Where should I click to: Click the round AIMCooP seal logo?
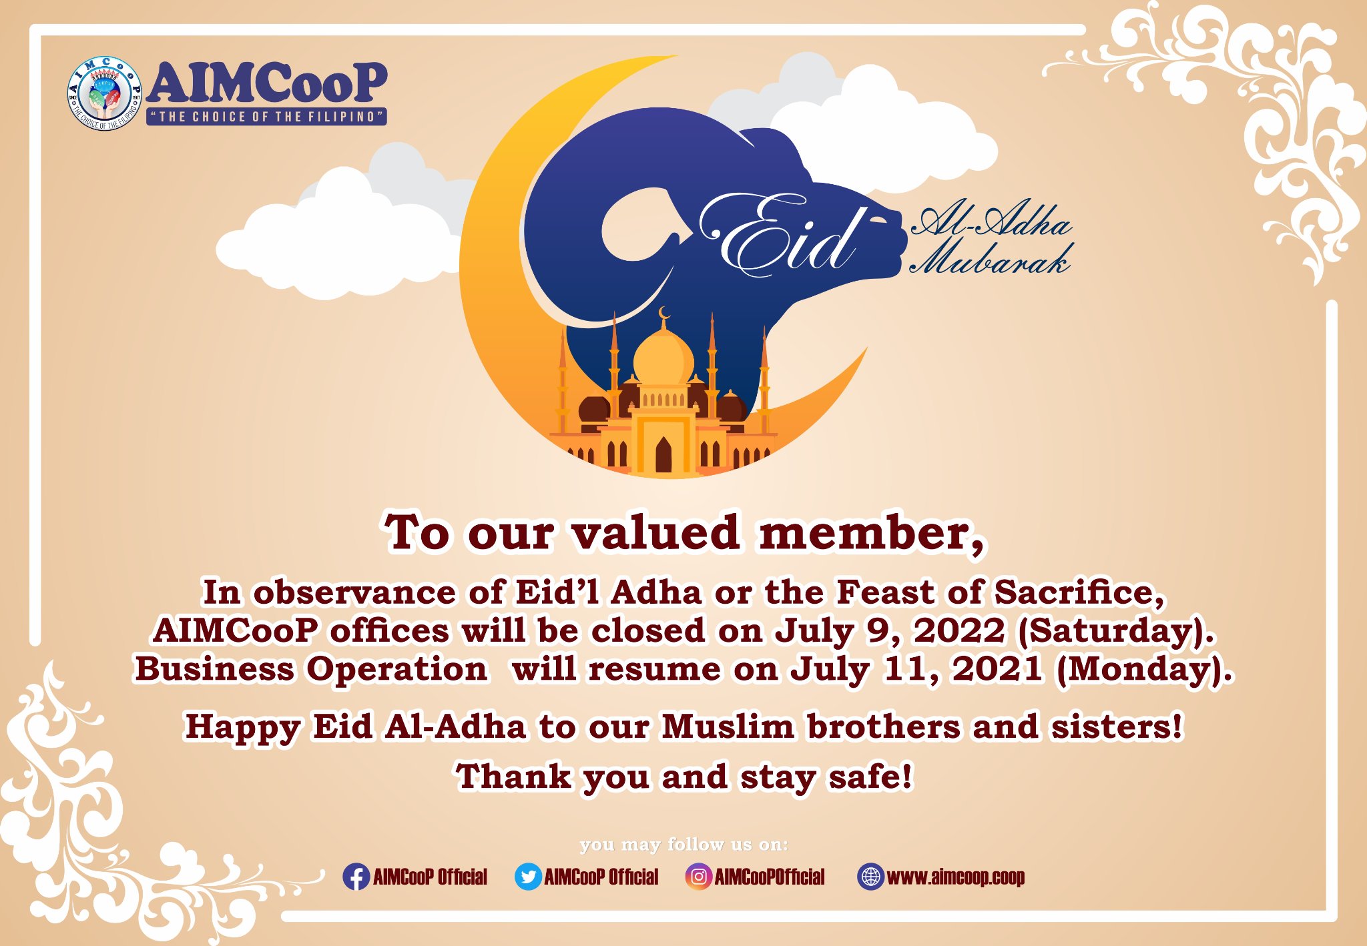(x=104, y=93)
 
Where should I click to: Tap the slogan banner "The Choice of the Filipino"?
(x=267, y=117)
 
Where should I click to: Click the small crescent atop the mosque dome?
(x=663, y=312)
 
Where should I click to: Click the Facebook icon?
(x=356, y=877)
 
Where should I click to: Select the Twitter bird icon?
(x=528, y=877)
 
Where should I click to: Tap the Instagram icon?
(x=698, y=877)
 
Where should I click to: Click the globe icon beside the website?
(x=870, y=877)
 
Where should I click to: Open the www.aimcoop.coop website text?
(x=956, y=877)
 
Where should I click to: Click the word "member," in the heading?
(x=872, y=534)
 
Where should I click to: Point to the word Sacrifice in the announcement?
(x=1079, y=592)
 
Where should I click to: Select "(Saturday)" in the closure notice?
(x=1115, y=631)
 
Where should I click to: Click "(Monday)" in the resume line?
(x=1145, y=670)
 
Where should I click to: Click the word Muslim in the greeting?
(x=728, y=727)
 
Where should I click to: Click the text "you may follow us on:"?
(x=684, y=845)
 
